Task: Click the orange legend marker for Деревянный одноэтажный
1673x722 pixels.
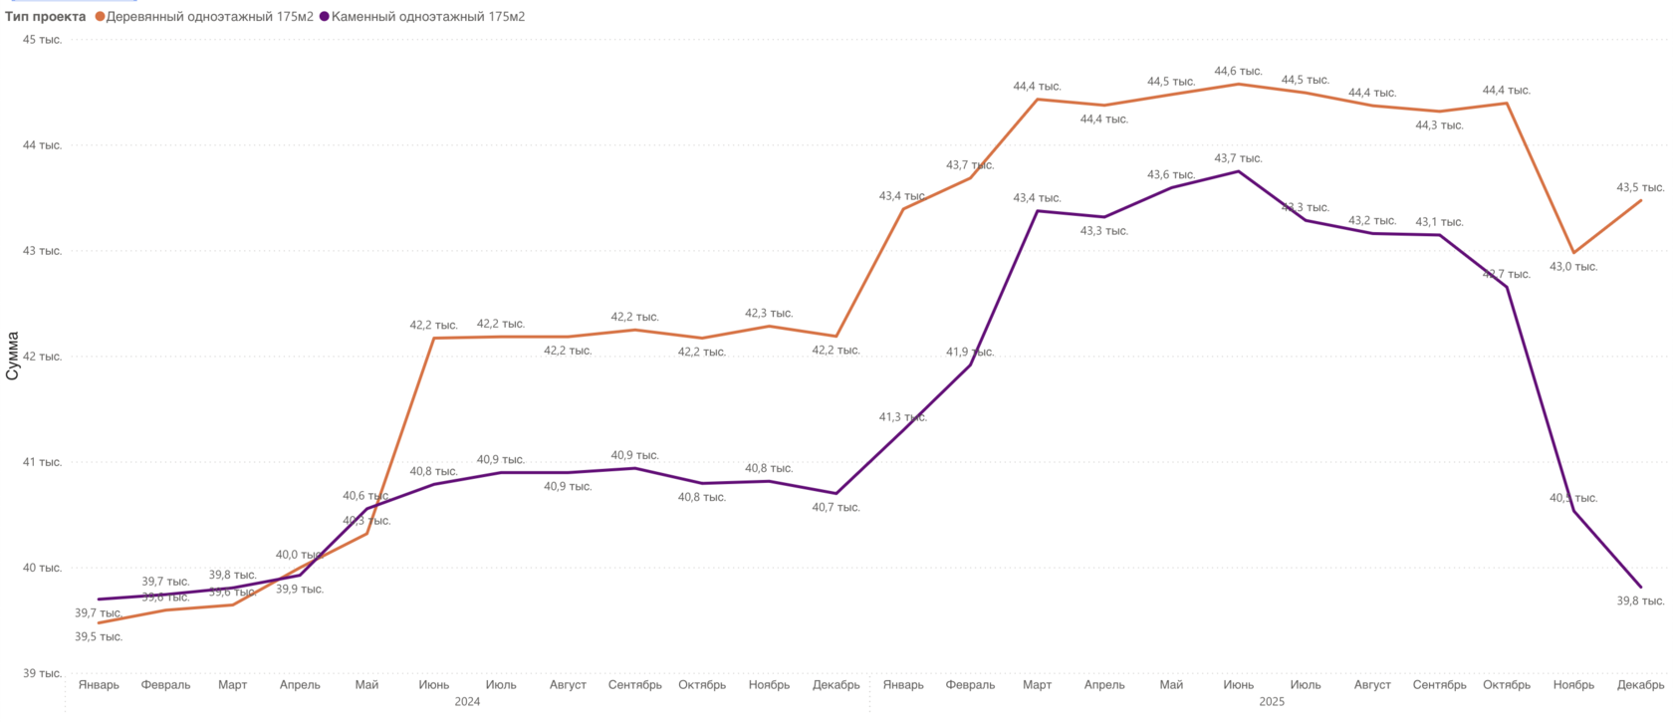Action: pyautogui.click(x=100, y=17)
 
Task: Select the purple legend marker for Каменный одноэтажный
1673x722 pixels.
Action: pyautogui.click(x=325, y=17)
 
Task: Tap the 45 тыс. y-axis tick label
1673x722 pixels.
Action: pyautogui.click(x=43, y=40)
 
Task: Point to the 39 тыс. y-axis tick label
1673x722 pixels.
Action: pyautogui.click(x=43, y=673)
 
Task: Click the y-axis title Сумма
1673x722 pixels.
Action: pyautogui.click(x=13, y=357)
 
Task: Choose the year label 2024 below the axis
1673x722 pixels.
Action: pyautogui.click(x=467, y=702)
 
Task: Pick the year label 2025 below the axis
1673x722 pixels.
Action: pyautogui.click(x=1272, y=702)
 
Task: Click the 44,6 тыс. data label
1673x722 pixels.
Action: pyautogui.click(x=1238, y=72)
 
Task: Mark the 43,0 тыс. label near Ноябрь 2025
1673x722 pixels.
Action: pyautogui.click(x=1573, y=267)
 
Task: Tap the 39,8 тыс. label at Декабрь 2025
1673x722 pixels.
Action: pyautogui.click(x=1640, y=602)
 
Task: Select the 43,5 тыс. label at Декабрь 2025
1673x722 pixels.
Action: pyautogui.click(x=1640, y=188)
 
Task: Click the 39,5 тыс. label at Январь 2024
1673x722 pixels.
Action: pyautogui.click(x=99, y=637)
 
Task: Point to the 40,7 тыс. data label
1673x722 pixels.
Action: pyautogui.click(x=836, y=508)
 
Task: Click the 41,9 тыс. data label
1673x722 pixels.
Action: pyautogui.click(x=970, y=353)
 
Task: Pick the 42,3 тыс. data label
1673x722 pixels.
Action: pyautogui.click(x=769, y=314)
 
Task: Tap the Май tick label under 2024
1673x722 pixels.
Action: pyautogui.click(x=366, y=685)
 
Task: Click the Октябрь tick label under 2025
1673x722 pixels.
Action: pyautogui.click(x=1506, y=685)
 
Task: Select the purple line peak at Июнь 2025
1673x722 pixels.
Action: pyautogui.click(x=1238, y=171)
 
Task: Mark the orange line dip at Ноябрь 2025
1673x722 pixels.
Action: pyautogui.click(x=1573, y=253)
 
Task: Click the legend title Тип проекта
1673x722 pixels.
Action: pyautogui.click(x=46, y=17)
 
